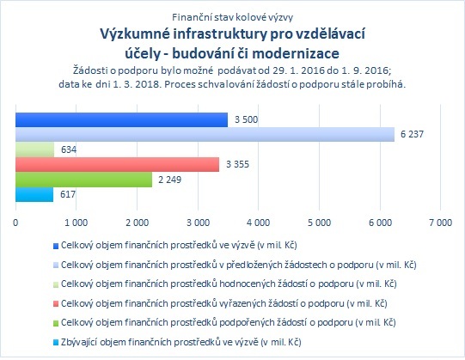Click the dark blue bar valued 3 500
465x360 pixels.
(x=121, y=119)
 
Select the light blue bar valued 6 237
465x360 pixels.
(x=205, y=135)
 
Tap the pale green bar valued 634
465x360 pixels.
(x=34, y=149)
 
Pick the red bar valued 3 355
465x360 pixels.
(x=117, y=164)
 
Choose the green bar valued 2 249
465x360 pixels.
(x=83, y=180)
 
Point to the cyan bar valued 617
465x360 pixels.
(x=34, y=194)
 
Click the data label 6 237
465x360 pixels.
(x=412, y=134)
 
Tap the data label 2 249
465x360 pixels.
(x=169, y=180)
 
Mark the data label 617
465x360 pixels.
(x=68, y=194)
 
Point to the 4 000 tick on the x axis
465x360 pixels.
(x=259, y=223)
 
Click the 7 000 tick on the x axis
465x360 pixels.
(x=441, y=223)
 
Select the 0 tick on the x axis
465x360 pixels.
(x=15, y=223)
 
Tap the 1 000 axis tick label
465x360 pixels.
(x=76, y=223)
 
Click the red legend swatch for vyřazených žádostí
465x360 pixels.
(x=56, y=304)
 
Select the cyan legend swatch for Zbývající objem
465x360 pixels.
(x=56, y=343)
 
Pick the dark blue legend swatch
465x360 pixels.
(x=56, y=246)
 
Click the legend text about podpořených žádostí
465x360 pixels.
(x=229, y=323)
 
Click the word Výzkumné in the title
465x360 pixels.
(x=135, y=34)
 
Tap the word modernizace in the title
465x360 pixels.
(x=296, y=53)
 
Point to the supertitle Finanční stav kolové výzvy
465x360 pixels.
(x=232, y=17)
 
